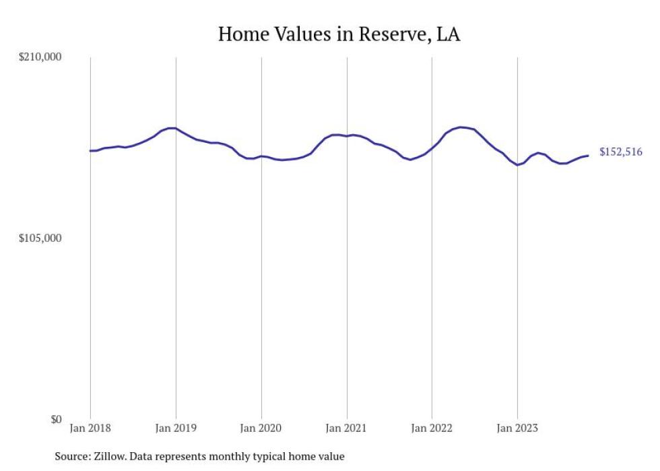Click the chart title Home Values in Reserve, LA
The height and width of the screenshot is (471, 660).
click(x=339, y=34)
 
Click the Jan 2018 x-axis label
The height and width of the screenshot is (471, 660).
click(x=90, y=428)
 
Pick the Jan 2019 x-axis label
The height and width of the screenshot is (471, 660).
click(x=176, y=428)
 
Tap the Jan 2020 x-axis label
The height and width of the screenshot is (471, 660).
click(x=261, y=428)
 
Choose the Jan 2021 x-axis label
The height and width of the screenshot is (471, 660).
click(x=346, y=428)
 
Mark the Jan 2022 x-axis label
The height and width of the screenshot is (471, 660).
click(x=432, y=428)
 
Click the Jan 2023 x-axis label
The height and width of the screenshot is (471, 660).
click(x=517, y=428)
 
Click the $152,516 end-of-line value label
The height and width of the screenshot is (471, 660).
click(x=620, y=152)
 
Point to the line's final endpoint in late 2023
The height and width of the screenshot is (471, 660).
click(x=589, y=156)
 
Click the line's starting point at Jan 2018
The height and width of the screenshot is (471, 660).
click(x=90, y=150)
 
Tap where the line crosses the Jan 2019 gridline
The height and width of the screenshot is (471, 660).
click(x=176, y=128)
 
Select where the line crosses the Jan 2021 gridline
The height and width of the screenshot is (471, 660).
click(x=347, y=136)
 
